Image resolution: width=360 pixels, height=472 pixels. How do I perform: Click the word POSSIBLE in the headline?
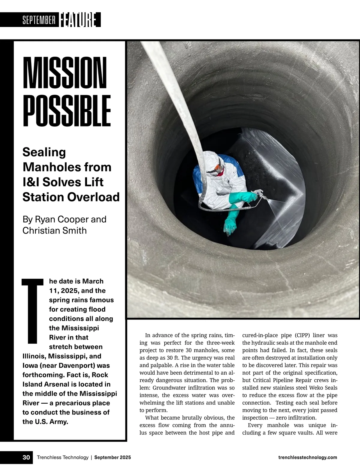67,111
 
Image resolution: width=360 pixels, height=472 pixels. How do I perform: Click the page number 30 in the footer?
26,457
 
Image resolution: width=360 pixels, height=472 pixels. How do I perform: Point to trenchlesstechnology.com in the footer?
307,457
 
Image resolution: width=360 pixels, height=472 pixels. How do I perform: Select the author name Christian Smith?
54,230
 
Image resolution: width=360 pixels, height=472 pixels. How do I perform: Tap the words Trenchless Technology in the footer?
62,457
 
